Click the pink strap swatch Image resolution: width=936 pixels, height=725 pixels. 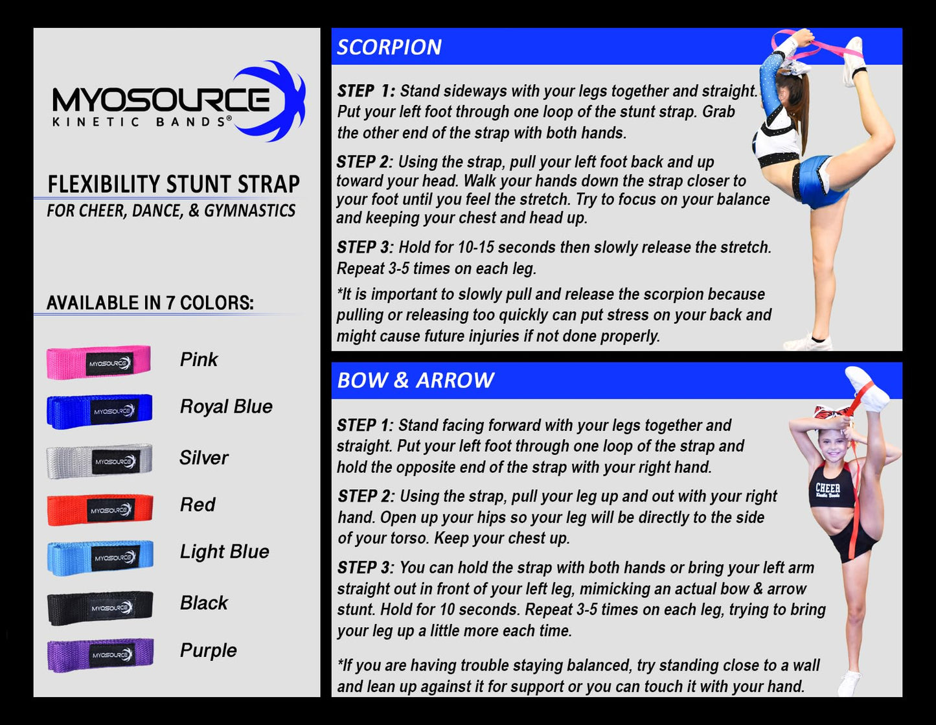(98, 362)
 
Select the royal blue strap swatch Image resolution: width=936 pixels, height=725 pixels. (100, 411)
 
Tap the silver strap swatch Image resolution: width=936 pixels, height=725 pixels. (100, 461)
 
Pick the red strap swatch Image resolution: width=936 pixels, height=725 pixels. (100, 510)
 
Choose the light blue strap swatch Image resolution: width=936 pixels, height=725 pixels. (100, 558)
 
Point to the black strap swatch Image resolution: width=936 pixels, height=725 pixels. (100, 608)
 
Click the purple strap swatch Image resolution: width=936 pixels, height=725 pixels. (100, 655)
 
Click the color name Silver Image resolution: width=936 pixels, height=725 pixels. (204, 457)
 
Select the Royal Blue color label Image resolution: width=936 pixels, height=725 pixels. (226, 407)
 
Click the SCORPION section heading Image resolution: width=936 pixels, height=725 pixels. (389, 47)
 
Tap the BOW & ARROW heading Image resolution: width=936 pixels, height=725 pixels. (416, 380)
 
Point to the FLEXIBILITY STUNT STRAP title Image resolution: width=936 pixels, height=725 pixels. (174, 185)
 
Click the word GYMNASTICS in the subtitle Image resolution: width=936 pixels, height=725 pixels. (250, 211)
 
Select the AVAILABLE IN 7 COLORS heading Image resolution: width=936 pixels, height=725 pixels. (150, 303)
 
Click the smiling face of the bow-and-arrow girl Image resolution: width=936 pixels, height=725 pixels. (834, 445)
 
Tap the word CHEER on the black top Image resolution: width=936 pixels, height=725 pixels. (828, 488)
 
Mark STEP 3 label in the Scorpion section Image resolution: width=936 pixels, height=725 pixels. (365, 247)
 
